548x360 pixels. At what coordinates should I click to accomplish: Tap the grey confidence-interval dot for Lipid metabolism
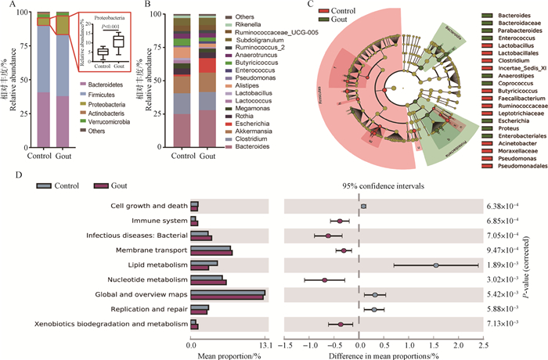tap(436, 265)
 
